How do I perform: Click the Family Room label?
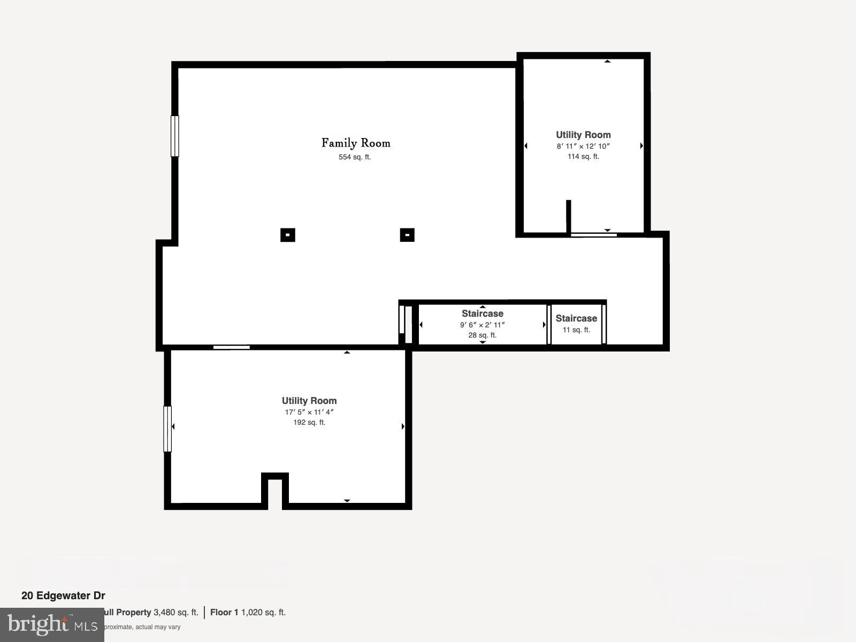(356, 143)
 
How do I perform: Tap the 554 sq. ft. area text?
(355, 157)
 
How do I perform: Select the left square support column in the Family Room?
(288, 235)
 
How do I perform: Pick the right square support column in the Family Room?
(407, 235)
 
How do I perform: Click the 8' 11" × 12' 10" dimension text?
(583, 146)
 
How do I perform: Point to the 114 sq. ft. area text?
(583, 157)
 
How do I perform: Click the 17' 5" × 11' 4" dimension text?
(309, 412)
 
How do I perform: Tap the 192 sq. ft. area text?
(309, 423)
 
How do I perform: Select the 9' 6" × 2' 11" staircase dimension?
(483, 325)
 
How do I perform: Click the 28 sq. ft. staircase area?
(483, 335)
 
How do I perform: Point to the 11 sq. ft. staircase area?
(576, 330)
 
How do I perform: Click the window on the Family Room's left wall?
(174, 136)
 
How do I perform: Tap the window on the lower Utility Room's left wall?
(167, 429)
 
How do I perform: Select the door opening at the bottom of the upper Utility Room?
(594, 234)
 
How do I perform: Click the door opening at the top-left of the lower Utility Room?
(232, 348)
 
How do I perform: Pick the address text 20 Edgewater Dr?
(63, 595)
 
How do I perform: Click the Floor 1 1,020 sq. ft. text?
(248, 613)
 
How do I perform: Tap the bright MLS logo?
(52, 624)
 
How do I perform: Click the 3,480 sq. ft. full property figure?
(176, 613)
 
